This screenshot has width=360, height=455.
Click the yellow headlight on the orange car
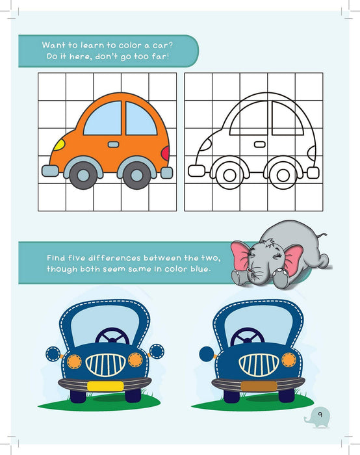coord(58,144)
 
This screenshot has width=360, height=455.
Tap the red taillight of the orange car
coord(165,153)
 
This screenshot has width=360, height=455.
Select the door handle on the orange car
coord(113,144)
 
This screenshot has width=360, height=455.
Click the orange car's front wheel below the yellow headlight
coord(82,174)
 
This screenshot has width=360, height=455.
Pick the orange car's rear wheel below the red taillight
coord(137,174)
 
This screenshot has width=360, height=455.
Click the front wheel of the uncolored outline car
coord(228,174)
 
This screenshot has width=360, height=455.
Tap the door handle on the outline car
coord(259,144)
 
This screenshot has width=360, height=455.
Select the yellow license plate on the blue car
coord(105,385)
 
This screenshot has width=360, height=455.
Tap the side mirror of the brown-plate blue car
coord(207,354)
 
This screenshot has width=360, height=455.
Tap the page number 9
coord(320,413)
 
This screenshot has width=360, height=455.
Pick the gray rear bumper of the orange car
coord(166,172)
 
